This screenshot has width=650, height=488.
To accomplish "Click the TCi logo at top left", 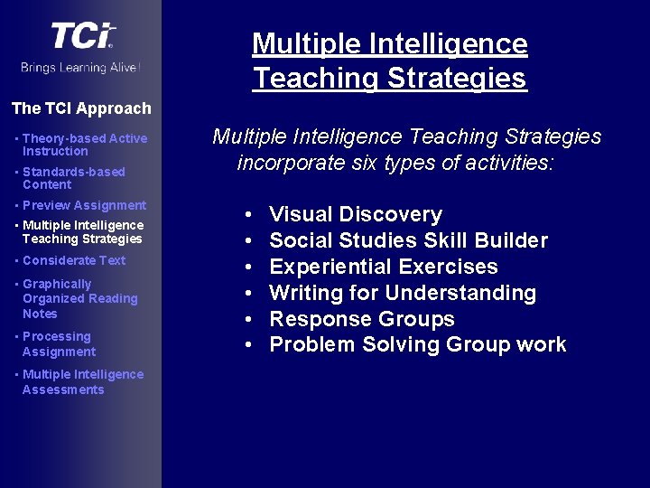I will pos(82,36).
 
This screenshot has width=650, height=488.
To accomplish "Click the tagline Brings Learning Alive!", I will pos(81,68).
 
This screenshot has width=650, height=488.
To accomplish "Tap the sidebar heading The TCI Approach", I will pos(81,108).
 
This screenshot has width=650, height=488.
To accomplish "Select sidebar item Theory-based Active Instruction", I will pos(84,145).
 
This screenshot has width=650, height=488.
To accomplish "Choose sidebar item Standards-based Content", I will pos(73,178).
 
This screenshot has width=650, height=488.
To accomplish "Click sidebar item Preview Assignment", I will pos(84,205).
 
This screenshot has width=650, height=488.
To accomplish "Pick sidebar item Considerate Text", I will pos(74,260).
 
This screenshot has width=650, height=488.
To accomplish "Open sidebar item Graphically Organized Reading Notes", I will pos(79,298).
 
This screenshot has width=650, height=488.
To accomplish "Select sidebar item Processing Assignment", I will pos(59,344).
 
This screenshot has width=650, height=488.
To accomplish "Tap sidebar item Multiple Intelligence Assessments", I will pos(82,381).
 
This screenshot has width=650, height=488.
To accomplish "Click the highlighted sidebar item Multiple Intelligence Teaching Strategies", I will pos(82,231).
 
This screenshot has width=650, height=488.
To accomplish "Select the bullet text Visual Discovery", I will pos(356,215).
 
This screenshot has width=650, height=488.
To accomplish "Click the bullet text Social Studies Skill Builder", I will pos(408,240).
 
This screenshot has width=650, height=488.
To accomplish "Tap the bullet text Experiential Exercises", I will pos(384,267).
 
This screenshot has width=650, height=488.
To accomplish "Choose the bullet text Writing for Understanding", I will pos(403,293).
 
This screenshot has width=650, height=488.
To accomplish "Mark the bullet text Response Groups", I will pos(362,319).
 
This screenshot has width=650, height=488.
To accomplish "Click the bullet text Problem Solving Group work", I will pos(418,344).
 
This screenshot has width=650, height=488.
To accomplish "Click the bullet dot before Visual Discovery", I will pos(249,215).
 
